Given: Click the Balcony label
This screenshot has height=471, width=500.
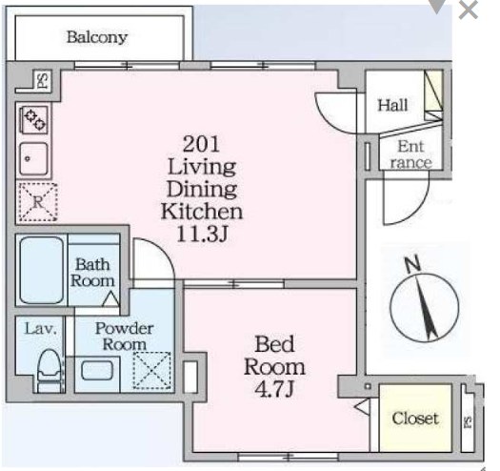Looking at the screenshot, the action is (x=97, y=38).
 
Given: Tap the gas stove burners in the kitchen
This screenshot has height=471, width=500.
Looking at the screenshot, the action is (x=34, y=120).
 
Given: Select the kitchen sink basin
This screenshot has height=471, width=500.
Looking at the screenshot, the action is (x=33, y=158).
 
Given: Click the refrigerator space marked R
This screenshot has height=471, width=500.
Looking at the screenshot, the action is (x=38, y=202).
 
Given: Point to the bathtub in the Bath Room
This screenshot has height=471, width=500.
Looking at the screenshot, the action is (x=42, y=270).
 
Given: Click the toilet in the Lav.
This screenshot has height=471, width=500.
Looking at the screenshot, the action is (x=50, y=371).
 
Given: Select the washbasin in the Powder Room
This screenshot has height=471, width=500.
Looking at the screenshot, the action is (x=97, y=371).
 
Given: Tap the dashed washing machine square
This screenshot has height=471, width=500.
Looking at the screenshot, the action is (x=151, y=371).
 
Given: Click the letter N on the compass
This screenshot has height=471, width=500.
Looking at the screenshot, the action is (x=412, y=264).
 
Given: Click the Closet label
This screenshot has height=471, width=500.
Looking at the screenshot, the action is (x=415, y=419).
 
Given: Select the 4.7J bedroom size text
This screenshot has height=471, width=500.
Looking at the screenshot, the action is (x=274, y=390).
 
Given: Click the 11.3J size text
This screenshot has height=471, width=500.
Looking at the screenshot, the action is (x=202, y=234).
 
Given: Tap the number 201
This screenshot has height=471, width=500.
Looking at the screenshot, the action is (x=202, y=144).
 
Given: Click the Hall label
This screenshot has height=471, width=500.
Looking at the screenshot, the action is (x=392, y=105).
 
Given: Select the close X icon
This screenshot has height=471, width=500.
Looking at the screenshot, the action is (x=469, y=10).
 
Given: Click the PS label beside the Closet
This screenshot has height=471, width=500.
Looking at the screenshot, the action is (x=468, y=421).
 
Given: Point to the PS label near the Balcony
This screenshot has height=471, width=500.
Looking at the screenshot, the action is (x=43, y=81).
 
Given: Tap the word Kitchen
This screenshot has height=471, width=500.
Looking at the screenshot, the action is (x=202, y=212).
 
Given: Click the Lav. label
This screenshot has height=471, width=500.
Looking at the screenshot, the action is (x=41, y=329).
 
